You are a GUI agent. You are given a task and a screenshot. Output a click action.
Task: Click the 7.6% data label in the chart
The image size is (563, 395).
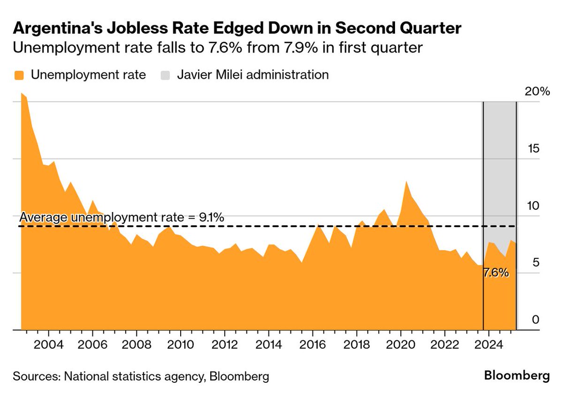pyautogui.click(x=496, y=273)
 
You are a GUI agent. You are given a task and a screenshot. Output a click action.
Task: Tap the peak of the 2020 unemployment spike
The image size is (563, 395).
pyautogui.click(x=406, y=181)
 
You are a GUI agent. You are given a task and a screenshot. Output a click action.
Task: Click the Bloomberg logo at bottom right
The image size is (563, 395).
pyautogui.click(x=517, y=376)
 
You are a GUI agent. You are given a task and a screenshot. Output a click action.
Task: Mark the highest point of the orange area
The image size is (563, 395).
pyautogui.click(x=22, y=93)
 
